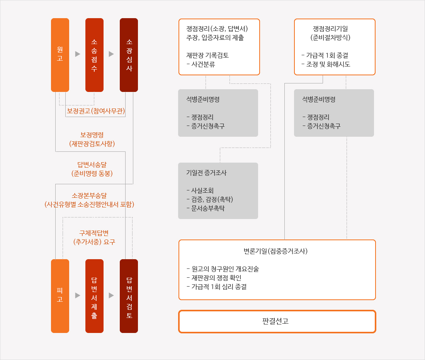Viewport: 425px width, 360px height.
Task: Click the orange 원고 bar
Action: pyautogui.click(x=60, y=55)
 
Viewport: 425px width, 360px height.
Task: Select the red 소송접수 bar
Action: pyautogui.click(x=94, y=55)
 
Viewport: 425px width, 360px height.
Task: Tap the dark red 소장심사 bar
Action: pyautogui.click(x=129, y=55)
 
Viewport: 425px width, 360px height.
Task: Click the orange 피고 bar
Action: pyautogui.click(x=60, y=296)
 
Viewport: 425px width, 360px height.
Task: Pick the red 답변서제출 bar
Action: pyautogui.click(x=94, y=296)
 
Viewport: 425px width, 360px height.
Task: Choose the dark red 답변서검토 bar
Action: pyautogui.click(x=129, y=296)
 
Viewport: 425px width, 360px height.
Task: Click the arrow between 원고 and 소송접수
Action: pyautogui.click(x=78, y=54)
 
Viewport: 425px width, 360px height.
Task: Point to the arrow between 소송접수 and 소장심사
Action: pyautogui.click(x=111, y=54)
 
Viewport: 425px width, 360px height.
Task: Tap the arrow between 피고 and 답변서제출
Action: pyautogui.click(x=78, y=295)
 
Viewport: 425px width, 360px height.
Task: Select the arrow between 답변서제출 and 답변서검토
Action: pyautogui.click(x=111, y=295)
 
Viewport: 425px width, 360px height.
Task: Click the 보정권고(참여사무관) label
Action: pyautogui.click(x=96, y=111)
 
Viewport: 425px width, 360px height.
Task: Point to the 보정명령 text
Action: pyautogui.click(x=92, y=135)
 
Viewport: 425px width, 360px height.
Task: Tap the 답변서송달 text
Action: pyautogui.click(x=92, y=165)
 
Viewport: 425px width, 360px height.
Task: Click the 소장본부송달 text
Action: pyautogui.click(x=89, y=195)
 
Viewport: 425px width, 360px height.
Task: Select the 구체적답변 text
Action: pyautogui.click(x=94, y=233)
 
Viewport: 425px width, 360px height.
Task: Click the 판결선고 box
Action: pyautogui.click(x=277, y=321)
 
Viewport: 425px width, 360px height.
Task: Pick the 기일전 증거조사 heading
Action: pyautogui.click(x=206, y=173)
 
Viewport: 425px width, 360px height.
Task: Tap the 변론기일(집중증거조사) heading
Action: pyautogui.click(x=275, y=251)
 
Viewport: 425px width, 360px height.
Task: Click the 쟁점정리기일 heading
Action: pyautogui.click(x=330, y=29)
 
